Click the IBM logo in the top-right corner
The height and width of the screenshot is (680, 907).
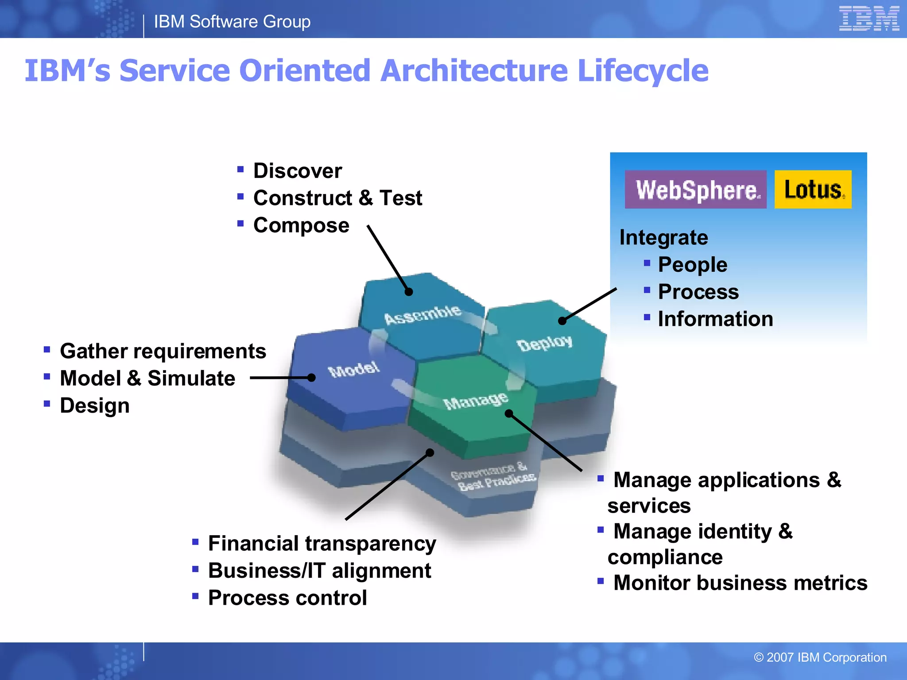[869, 19]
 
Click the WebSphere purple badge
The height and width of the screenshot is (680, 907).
[695, 189]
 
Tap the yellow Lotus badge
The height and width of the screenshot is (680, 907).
[813, 189]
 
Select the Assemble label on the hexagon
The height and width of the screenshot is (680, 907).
[422, 314]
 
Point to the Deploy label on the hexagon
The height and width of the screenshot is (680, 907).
[544, 343]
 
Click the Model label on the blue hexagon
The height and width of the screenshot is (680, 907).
[353, 369]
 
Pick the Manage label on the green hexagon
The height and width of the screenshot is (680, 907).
[475, 401]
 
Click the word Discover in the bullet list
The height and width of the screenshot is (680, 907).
[297, 171]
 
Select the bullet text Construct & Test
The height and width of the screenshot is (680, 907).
[337, 198]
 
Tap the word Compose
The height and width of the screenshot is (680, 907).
[301, 225]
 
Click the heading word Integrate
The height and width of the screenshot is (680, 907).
[663, 238]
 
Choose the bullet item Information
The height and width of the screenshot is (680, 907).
[715, 319]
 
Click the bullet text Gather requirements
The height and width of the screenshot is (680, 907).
[163, 352]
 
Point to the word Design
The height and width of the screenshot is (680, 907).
[95, 406]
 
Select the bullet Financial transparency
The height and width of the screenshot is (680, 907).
[322, 544]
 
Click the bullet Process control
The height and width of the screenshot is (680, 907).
[287, 598]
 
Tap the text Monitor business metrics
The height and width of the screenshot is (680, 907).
[740, 583]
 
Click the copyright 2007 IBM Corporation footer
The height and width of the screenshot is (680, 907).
[820, 657]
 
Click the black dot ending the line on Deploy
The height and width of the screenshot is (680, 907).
[562, 321]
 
